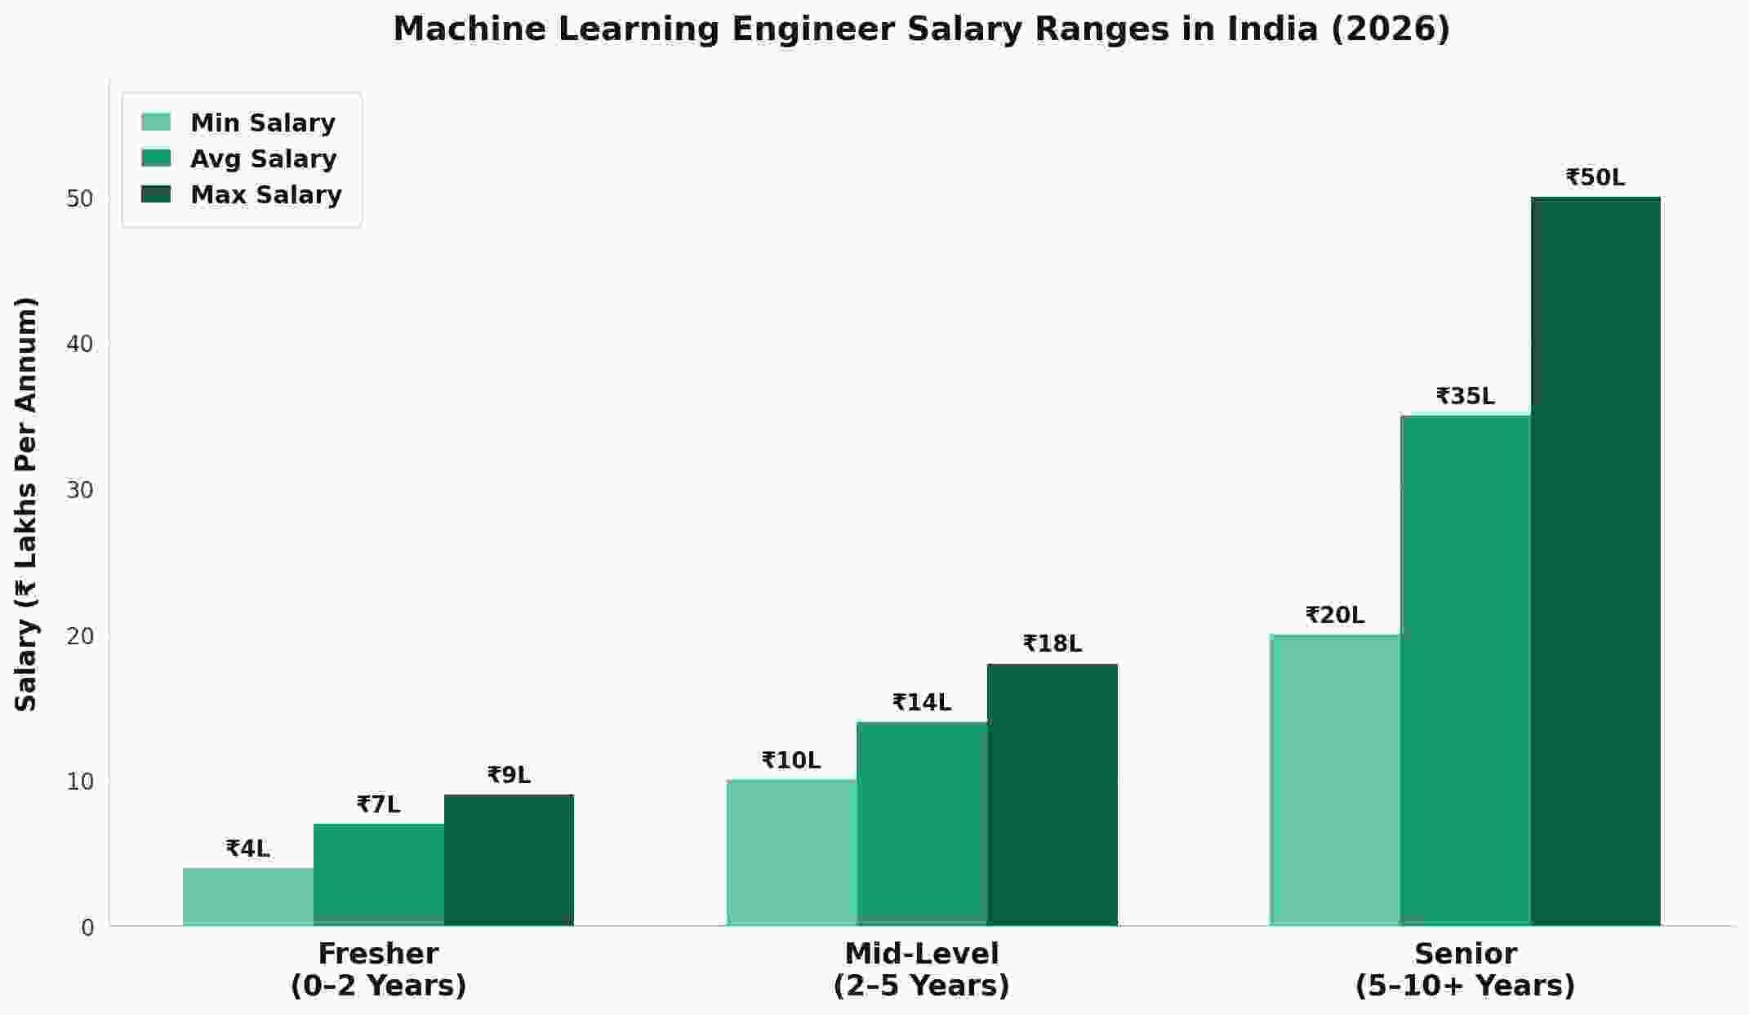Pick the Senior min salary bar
(x=1334, y=780)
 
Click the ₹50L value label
(x=1595, y=177)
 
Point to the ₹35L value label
(x=1465, y=396)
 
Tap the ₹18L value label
(x=1052, y=644)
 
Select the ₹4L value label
(x=247, y=849)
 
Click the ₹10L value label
(x=790, y=760)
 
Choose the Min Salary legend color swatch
(x=156, y=122)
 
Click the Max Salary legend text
(x=265, y=195)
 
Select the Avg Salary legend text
(x=263, y=158)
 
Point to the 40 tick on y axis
(x=80, y=344)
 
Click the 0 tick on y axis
(x=87, y=928)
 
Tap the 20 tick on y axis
(x=80, y=636)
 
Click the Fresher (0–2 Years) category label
(x=378, y=969)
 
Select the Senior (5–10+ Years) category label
(x=1465, y=969)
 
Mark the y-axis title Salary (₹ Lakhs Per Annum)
(x=27, y=505)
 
